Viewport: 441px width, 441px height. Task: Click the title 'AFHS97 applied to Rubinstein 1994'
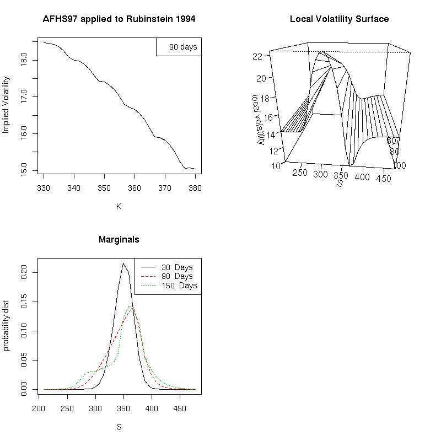119,19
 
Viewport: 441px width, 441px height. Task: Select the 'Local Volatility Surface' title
340,19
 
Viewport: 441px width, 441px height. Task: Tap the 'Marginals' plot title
119,240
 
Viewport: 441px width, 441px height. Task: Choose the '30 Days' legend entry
177,267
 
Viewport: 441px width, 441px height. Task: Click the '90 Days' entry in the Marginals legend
177,276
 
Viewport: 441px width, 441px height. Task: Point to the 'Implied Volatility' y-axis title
7,105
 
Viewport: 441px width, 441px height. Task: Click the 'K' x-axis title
119,207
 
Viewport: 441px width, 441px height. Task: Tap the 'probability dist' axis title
7,325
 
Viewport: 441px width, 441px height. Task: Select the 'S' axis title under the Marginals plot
119,427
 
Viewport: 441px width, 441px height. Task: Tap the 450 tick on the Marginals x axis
180,409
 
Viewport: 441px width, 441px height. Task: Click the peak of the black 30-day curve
123,263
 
